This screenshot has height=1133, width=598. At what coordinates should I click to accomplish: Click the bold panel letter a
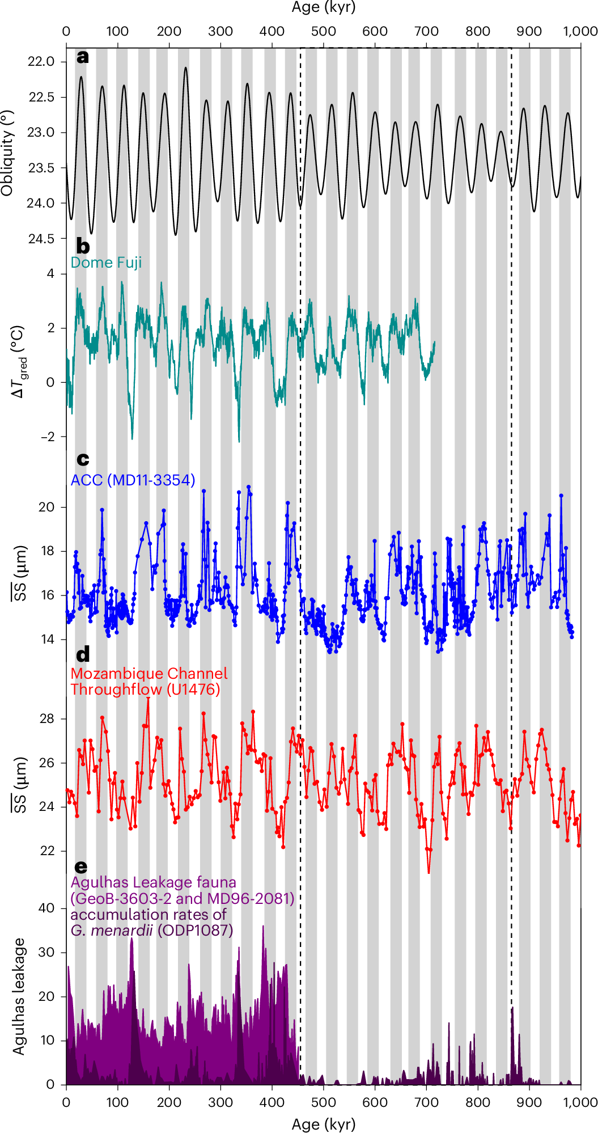click(x=83, y=57)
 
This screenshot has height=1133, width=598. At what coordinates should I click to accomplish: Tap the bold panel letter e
click(x=82, y=867)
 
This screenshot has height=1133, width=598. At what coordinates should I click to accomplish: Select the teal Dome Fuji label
click(x=106, y=263)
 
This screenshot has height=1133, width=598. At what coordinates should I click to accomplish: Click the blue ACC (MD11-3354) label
click(x=133, y=480)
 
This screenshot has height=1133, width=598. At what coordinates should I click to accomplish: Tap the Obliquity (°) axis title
click(x=7, y=153)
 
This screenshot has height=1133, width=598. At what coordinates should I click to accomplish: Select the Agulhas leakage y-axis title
click(x=19, y=996)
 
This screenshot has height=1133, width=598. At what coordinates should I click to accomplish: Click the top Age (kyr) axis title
click(x=323, y=7)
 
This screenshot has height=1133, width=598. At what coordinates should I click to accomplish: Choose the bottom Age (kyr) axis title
click(x=323, y=1124)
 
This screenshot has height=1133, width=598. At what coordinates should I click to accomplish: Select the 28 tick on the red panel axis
click(x=47, y=719)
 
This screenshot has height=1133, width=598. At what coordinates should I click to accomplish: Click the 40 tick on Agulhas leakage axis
click(x=47, y=908)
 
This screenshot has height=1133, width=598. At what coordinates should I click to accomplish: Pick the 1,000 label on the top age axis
click(x=580, y=32)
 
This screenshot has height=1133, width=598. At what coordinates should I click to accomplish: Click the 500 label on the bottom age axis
click(x=323, y=1102)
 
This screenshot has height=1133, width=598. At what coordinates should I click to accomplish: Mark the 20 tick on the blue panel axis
click(x=47, y=508)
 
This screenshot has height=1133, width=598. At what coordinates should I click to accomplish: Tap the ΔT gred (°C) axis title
click(x=19, y=361)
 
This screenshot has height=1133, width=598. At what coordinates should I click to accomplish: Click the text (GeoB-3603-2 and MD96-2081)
click(x=182, y=899)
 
